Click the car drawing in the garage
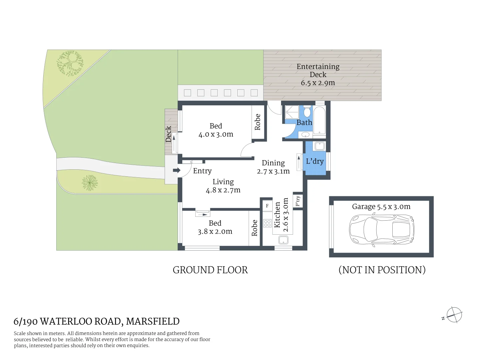(x=381, y=230)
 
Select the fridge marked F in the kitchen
(x=267, y=206)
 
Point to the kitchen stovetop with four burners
(x=267, y=223)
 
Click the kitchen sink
(x=283, y=240)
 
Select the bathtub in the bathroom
(x=319, y=120)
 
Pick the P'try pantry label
(x=298, y=201)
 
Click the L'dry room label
(x=315, y=161)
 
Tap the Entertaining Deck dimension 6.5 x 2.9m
(x=318, y=83)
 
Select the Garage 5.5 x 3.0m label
(x=381, y=207)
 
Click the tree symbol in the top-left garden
(x=70, y=63)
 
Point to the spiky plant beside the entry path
(x=90, y=183)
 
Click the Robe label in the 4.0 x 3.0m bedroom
(x=258, y=122)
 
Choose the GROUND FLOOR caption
(x=210, y=270)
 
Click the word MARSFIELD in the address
(x=153, y=321)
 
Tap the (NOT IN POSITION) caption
(x=382, y=270)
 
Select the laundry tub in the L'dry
(x=319, y=146)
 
